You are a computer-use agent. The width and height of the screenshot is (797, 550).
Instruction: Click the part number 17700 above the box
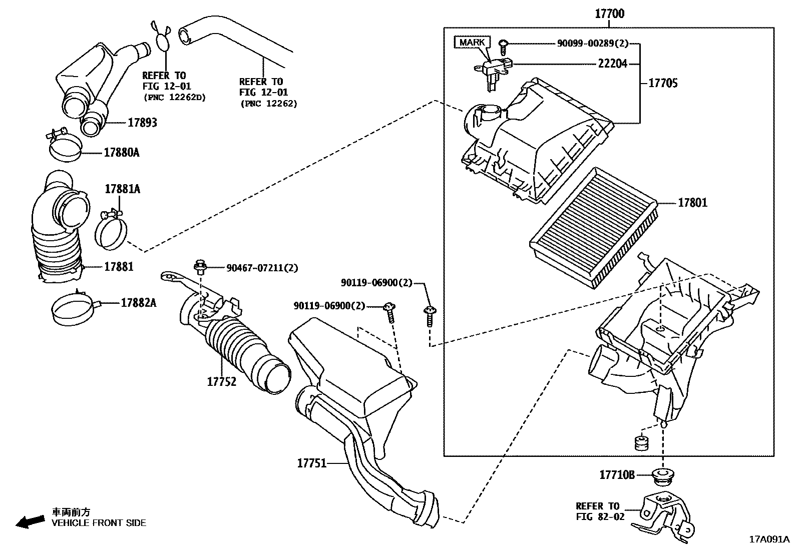point(609,14)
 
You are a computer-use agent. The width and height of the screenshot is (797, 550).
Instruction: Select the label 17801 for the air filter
point(692,203)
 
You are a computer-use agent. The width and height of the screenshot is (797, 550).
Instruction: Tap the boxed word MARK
point(472,43)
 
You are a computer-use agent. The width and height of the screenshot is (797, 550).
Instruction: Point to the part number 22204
point(612,64)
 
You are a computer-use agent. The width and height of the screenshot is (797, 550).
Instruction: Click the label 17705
point(663,83)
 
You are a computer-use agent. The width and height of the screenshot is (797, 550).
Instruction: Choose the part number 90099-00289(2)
point(592,44)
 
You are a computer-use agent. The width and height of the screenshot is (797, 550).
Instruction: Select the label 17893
point(142,123)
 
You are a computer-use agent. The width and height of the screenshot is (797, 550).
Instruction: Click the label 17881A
point(122,189)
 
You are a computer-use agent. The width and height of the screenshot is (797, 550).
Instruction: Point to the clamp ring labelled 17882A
point(73,309)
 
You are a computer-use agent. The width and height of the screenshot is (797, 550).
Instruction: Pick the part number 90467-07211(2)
point(262,268)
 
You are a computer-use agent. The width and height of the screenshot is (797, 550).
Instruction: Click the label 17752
point(222,382)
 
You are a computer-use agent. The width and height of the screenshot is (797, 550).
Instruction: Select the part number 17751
point(312,463)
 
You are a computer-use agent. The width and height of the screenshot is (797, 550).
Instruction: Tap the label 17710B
point(617,474)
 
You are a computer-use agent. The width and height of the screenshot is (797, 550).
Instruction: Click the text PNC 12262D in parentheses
point(174,97)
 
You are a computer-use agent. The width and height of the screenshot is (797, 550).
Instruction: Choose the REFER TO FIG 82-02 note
point(600,511)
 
